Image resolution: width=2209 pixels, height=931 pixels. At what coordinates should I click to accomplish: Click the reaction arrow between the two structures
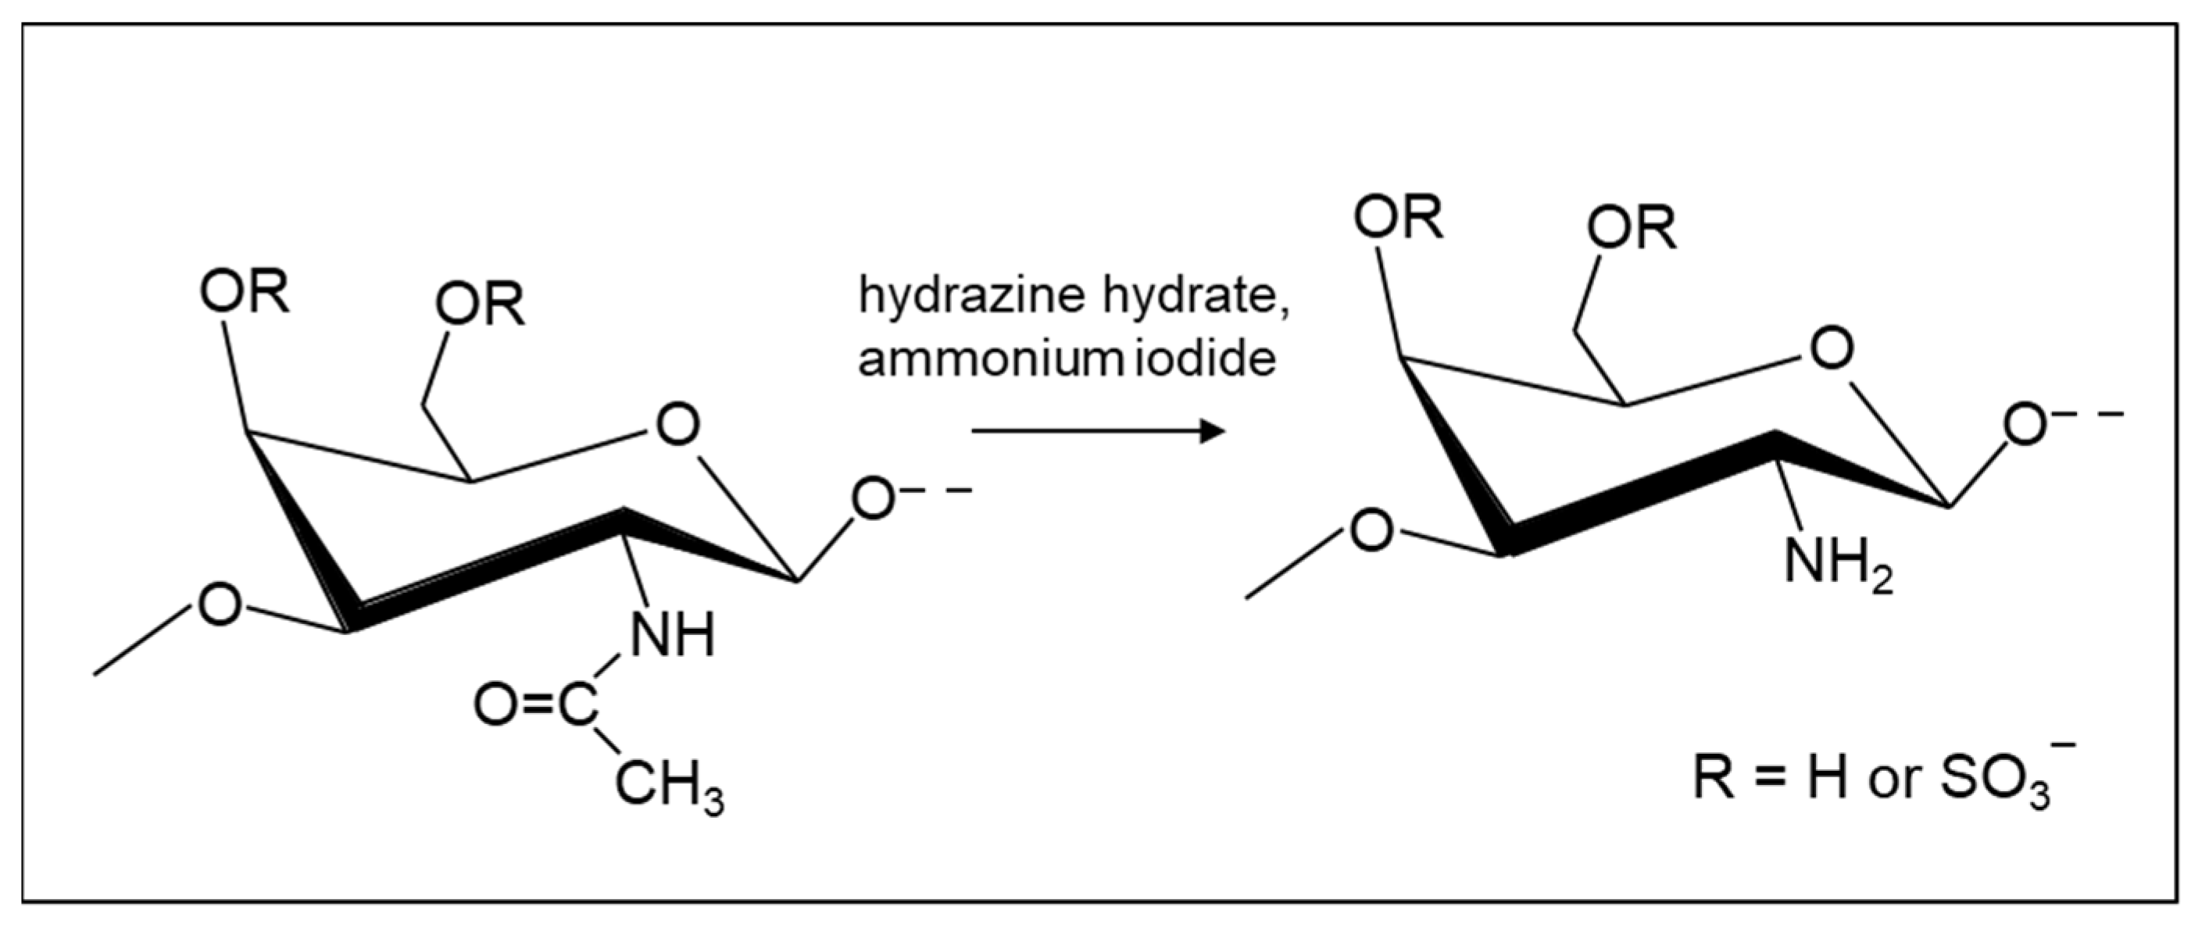(x=1098, y=430)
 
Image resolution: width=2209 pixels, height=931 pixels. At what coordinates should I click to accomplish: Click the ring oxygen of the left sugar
(x=677, y=425)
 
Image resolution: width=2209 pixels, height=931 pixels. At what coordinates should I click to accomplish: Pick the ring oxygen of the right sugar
(x=1831, y=350)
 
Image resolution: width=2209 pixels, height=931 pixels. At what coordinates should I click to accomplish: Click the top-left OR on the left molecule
(x=245, y=293)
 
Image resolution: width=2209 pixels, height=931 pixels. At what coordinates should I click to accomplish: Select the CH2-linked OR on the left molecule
(x=479, y=305)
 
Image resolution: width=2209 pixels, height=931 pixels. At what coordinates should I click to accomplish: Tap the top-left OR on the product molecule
(x=1399, y=218)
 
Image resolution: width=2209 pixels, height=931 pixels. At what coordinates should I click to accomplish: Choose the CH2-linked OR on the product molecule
(x=1631, y=229)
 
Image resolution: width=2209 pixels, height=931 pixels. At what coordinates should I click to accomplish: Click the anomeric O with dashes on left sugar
(x=873, y=500)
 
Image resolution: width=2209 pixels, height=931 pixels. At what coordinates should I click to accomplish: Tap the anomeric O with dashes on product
(x=2025, y=425)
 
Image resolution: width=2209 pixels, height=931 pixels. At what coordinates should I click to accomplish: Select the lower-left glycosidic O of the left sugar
(x=220, y=605)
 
